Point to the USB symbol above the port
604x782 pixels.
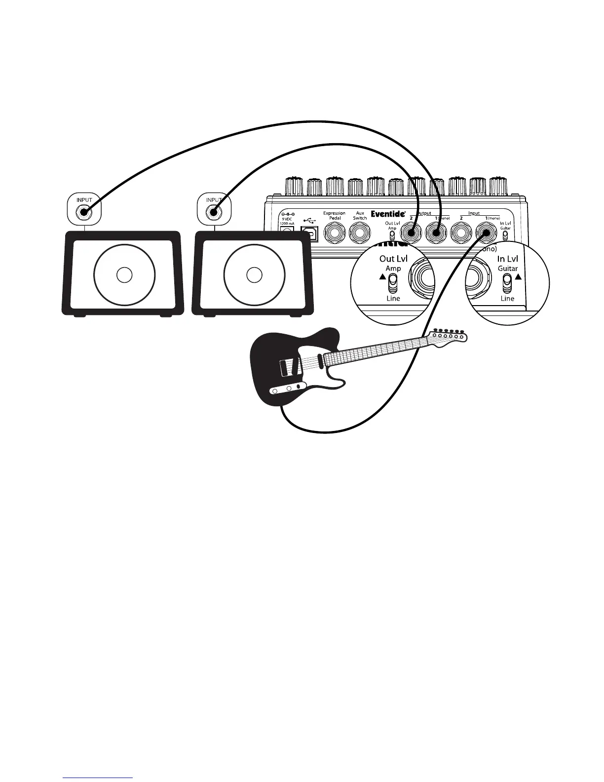(x=309, y=220)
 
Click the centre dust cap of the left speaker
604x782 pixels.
(x=124, y=275)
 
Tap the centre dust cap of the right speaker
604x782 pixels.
(x=254, y=275)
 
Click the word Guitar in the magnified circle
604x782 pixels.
(x=507, y=269)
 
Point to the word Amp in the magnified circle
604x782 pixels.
(x=393, y=269)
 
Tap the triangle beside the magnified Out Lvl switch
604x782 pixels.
(x=382, y=277)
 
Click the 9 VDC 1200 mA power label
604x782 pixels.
(x=287, y=220)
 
